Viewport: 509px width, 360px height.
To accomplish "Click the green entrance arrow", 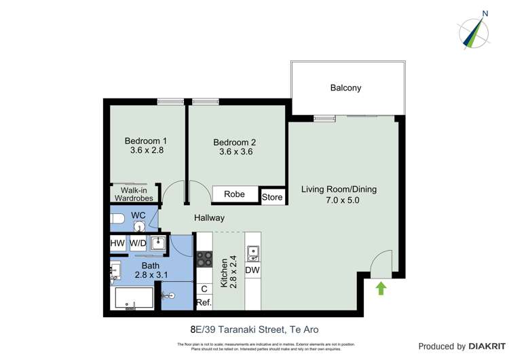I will tap(381, 288).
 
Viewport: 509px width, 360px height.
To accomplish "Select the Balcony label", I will tap(345, 88).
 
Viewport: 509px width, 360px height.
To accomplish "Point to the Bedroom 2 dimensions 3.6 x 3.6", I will tap(235, 152).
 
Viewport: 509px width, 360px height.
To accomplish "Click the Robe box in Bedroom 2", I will tap(234, 194).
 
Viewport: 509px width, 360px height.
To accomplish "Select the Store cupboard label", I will tap(272, 198).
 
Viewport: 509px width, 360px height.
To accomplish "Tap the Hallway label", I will tap(209, 218).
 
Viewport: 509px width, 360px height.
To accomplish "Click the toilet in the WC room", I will tap(118, 219).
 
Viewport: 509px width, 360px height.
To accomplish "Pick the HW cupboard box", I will tap(117, 242).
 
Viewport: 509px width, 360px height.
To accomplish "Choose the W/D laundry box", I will tap(138, 242).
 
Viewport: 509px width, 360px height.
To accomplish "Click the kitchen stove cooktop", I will tap(204, 258).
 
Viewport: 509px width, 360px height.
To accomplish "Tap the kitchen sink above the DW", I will tap(252, 254).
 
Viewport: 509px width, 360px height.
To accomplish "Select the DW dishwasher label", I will tap(252, 270).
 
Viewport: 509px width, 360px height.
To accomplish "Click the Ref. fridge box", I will tap(204, 302).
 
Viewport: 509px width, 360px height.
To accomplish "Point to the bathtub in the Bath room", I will tap(134, 299).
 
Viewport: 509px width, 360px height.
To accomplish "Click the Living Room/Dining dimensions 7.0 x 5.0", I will tap(338, 200).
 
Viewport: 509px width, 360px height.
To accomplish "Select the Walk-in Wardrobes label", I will tap(134, 194).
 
